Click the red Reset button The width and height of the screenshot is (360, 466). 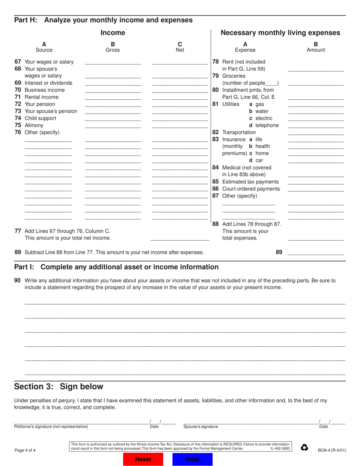click(143, 459)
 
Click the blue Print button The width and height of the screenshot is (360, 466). click(193, 459)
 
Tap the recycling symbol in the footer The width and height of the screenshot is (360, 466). click(304, 448)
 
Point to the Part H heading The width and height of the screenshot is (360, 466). click(103, 20)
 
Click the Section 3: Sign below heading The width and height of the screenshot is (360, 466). click(59, 386)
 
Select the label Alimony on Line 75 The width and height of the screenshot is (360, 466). click(34, 125)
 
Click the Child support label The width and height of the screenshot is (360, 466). click(40, 118)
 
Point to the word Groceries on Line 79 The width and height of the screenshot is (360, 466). click(234, 76)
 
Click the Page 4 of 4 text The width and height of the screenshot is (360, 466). click(25, 450)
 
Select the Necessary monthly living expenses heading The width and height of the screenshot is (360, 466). click(280, 33)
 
